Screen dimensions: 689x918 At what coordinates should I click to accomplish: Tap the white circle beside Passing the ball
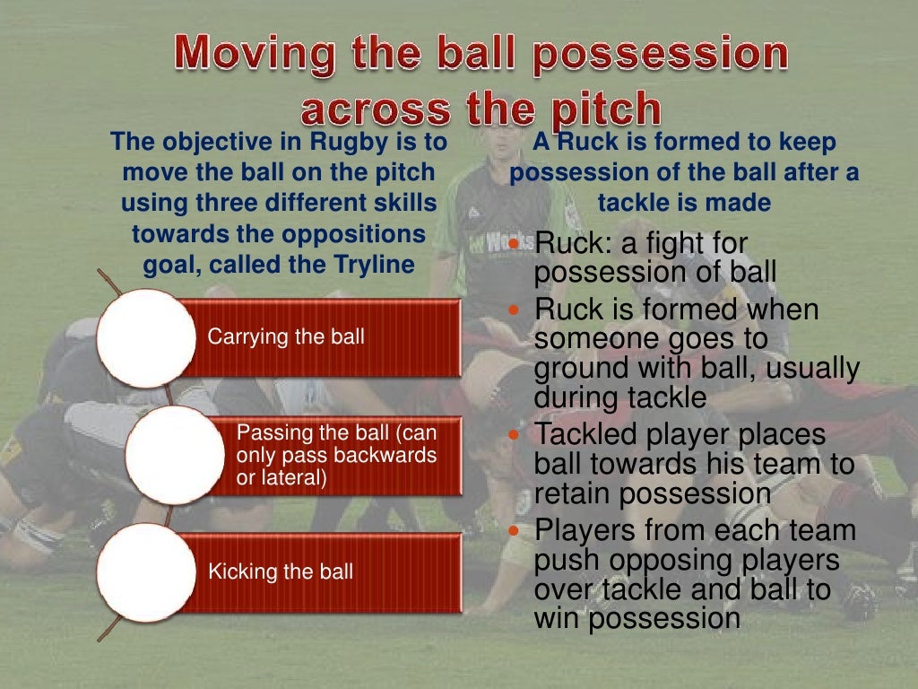click(171, 455)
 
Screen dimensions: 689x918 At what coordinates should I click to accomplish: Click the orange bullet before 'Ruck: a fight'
click(515, 244)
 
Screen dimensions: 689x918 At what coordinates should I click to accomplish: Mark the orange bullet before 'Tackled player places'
click(515, 434)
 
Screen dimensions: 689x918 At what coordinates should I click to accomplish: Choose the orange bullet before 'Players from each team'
click(515, 531)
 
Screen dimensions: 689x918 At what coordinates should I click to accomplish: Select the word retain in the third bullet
click(572, 493)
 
